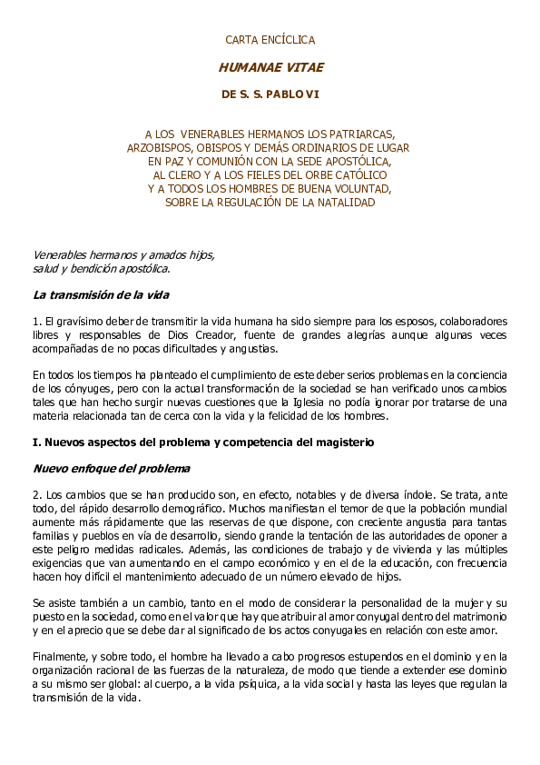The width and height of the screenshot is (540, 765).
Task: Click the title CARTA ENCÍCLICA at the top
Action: (270, 40)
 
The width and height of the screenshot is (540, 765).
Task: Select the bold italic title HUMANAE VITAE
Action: (270, 67)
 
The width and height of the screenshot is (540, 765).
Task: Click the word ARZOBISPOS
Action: (157, 147)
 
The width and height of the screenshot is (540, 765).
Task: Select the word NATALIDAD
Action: (339, 202)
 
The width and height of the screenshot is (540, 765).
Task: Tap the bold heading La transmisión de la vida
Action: (101, 295)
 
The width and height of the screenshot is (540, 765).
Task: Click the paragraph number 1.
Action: (35, 322)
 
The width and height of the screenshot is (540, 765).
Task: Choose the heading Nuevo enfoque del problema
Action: (112, 469)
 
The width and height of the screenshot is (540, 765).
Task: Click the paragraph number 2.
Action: (35, 496)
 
